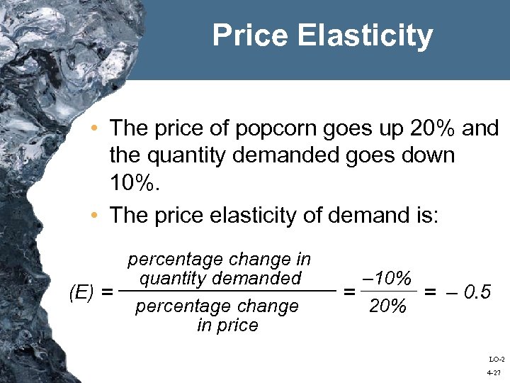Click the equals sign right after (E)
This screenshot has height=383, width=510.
tap(108, 292)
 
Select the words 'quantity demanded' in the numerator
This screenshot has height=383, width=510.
tap(220, 277)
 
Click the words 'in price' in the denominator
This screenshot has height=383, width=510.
tap(227, 326)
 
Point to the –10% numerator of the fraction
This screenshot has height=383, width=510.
tap(387, 278)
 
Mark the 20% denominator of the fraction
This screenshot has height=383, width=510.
tap(387, 307)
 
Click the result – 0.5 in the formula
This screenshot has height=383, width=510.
tap(467, 292)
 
